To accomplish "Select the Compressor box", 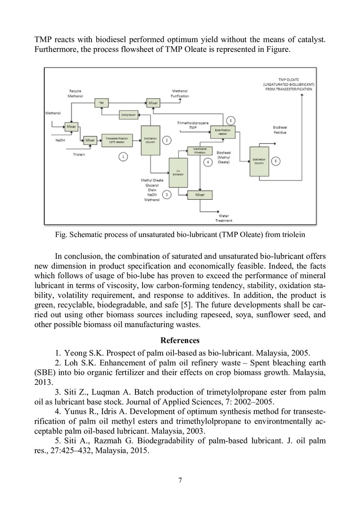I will pos(125,115).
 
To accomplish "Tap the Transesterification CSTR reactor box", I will pos(117,140).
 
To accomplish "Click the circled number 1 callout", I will pos(123,156).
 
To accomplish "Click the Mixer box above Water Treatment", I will pos(200,194).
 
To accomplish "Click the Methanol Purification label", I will pos(180,93).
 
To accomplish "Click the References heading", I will pos(180,340).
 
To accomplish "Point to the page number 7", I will pos(180,481).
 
